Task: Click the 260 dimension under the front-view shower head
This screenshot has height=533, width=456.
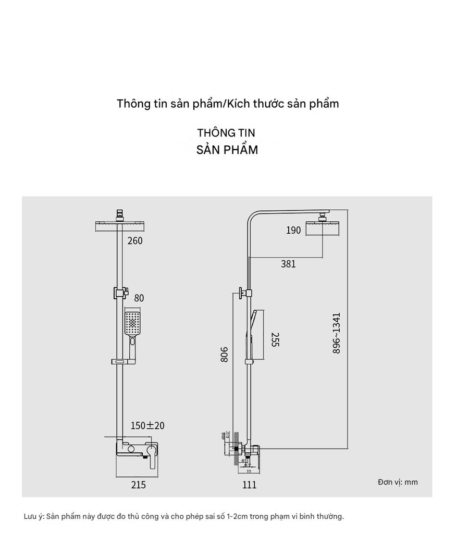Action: coord(134,240)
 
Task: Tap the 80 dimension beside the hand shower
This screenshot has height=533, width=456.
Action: coord(139,298)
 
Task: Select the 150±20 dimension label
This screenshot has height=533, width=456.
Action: coord(147,425)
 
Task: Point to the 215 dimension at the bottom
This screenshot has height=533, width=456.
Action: coord(138,485)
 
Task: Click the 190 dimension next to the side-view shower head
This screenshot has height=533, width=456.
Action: coord(293,230)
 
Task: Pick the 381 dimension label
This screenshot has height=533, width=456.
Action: coord(288,264)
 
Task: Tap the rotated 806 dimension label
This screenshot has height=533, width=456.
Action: coord(224,354)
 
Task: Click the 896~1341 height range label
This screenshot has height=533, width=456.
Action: coord(337,334)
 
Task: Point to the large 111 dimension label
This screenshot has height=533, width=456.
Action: coord(250,485)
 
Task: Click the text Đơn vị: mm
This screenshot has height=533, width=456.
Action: coord(398,482)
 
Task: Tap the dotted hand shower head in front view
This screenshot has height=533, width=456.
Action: coord(133,324)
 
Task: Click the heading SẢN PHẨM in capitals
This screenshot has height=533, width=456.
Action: coord(227,150)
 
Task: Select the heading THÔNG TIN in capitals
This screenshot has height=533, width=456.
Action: coord(226,133)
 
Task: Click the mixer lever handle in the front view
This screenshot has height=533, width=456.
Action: coord(152,455)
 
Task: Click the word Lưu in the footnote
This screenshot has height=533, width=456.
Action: coord(30,516)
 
